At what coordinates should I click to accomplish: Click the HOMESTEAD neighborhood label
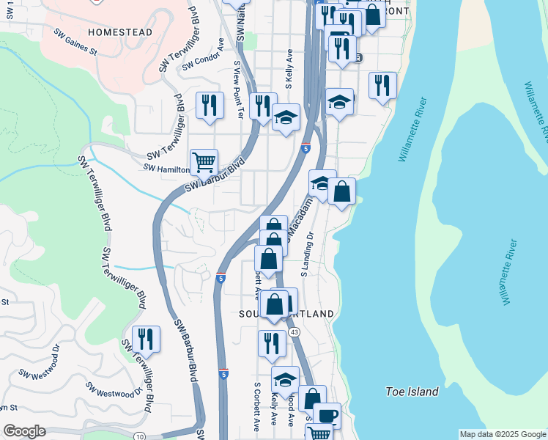119,32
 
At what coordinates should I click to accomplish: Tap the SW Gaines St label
86,43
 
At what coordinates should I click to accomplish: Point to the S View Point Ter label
238,89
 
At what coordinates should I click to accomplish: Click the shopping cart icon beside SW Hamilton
204,161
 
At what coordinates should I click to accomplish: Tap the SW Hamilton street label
166,169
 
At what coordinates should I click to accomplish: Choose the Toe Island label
412,392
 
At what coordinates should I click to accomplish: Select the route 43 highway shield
295,332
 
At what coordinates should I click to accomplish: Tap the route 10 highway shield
140,436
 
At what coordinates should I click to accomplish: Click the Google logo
24,431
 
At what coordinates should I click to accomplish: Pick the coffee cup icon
327,415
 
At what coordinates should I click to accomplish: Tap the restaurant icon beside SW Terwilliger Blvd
146,339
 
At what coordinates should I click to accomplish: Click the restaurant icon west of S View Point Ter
210,104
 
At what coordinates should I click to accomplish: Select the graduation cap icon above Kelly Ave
285,380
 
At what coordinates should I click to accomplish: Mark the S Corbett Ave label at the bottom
257,405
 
